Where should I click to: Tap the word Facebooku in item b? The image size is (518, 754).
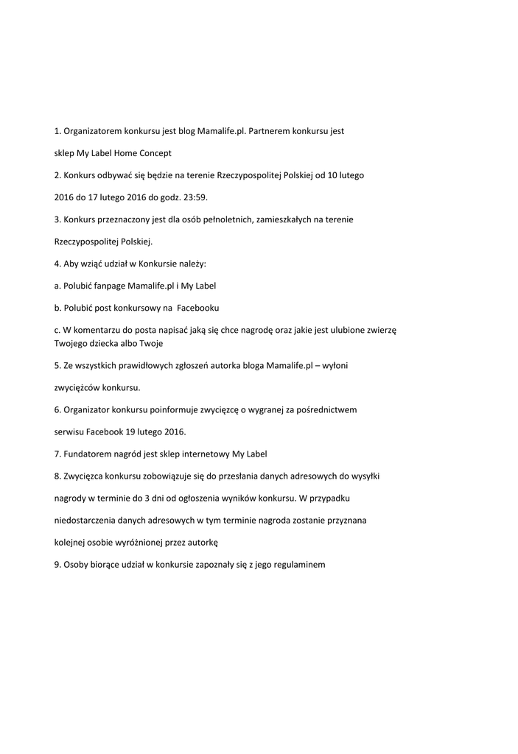tap(198, 307)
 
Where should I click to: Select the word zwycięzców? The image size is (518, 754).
tap(77, 387)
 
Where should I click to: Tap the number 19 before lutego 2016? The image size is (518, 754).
tap(131, 431)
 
